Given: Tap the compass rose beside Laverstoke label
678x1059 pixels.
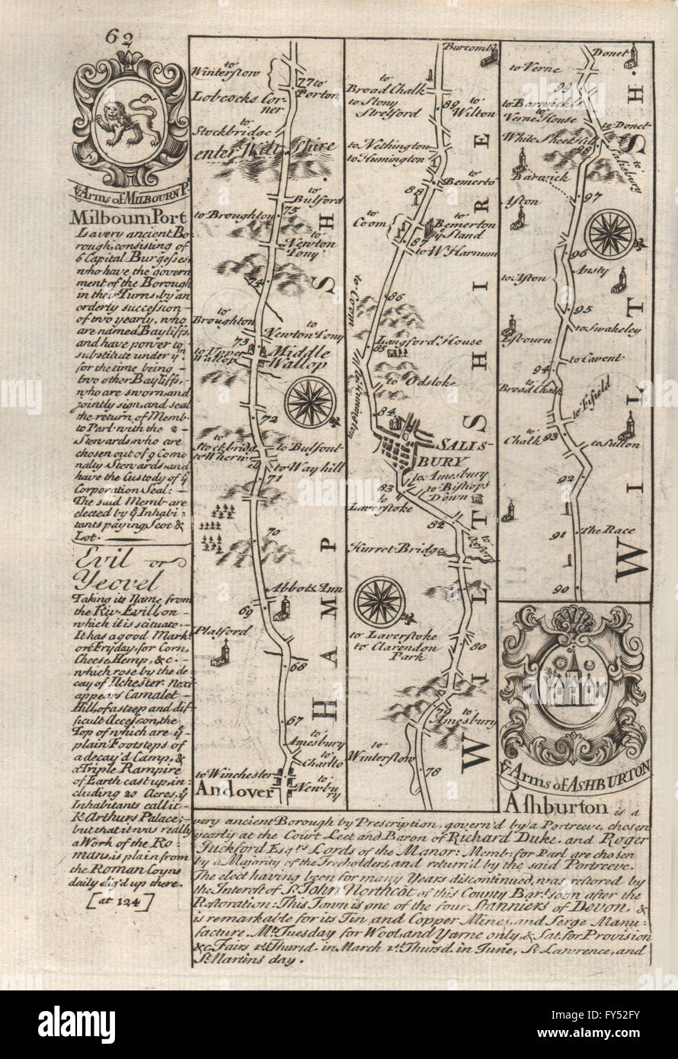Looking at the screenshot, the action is [379, 601].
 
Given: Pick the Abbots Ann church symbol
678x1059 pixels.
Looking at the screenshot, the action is [284, 607].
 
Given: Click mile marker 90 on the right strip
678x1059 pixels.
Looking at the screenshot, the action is [563, 588].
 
